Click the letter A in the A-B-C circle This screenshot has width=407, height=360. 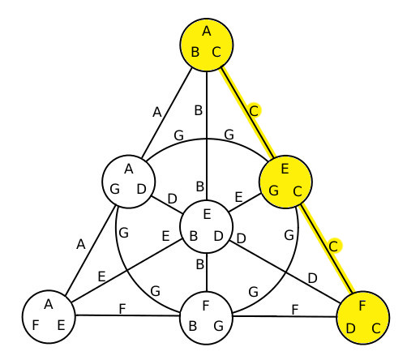(x=207, y=32)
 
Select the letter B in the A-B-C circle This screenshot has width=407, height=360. (x=195, y=52)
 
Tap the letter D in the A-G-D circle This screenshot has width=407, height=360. (x=141, y=189)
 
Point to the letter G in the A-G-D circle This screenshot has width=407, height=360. (x=115, y=189)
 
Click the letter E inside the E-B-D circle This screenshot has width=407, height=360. (x=207, y=214)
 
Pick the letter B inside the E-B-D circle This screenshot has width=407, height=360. (x=194, y=236)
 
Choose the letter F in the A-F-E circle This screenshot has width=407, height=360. (x=36, y=325)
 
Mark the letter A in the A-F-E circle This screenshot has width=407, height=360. (x=49, y=304)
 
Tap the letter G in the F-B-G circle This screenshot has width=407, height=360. (x=219, y=326)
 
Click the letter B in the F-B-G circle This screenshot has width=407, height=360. (x=193, y=326)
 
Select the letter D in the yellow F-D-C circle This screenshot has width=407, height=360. (x=350, y=328)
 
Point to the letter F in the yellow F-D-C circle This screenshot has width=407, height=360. (x=362, y=306)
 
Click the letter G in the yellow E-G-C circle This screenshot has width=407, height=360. (x=273, y=191)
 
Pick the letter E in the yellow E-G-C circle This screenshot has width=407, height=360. (x=285, y=169)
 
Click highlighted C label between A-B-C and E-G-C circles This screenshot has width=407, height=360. (x=254, y=111)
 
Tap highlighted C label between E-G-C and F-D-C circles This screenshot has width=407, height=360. (x=334, y=246)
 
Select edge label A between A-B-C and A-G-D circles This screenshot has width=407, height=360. (x=157, y=112)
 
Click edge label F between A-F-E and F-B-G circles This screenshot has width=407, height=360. (x=122, y=309)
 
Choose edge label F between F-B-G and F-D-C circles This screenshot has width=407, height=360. (x=295, y=310)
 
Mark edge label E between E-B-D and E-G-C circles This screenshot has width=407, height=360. (x=238, y=197)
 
